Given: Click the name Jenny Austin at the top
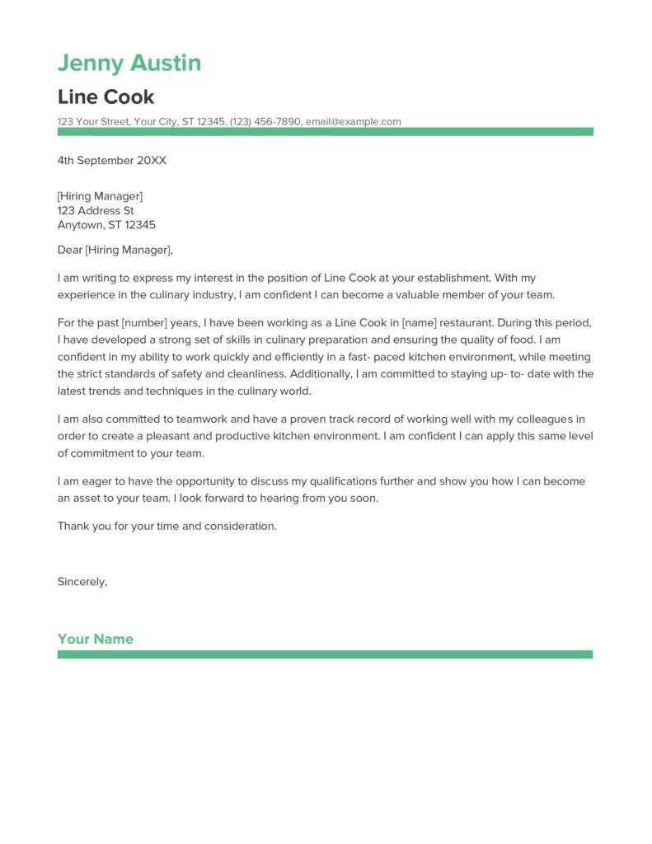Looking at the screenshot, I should point(129,63).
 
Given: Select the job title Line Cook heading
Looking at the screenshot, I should point(106,96).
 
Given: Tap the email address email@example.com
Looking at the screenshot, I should point(353,122).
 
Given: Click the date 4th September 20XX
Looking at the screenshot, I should point(111,161).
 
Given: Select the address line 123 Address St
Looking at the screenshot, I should point(95,210).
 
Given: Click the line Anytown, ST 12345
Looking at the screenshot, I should point(106,225).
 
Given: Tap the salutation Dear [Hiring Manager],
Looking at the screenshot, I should point(115,250).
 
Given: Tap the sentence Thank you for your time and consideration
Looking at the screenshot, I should point(167,526).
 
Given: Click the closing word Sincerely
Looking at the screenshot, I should point(82,582).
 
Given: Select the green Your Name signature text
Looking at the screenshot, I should point(95,639).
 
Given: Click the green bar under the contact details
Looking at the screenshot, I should point(325,132).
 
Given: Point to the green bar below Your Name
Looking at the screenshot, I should point(325,654).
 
